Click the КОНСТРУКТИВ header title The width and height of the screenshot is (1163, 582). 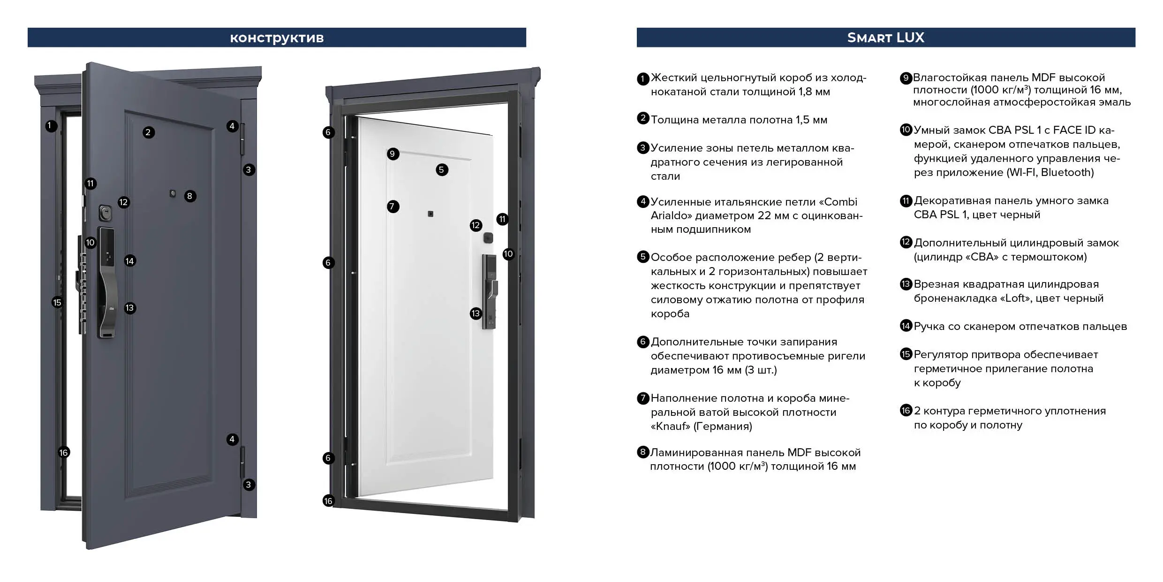[x=277, y=38]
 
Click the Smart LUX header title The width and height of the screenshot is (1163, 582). [x=885, y=38]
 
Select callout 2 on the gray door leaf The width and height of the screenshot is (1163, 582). [x=148, y=132]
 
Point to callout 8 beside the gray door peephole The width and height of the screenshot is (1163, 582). [x=189, y=196]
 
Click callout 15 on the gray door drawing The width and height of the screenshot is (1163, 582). [x=57, y=303]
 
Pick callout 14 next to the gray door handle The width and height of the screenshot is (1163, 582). [x=130, y=261]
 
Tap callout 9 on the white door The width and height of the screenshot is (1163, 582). [x=393, y=154]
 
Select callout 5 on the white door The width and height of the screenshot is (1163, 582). [x=442, y=170]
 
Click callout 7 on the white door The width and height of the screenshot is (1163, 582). [x=393, y=207]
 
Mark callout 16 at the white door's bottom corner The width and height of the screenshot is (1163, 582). [x=328, y=501]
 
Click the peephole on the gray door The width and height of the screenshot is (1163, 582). [x=173, y=193]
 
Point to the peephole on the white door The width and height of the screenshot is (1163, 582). [x=430, y=214]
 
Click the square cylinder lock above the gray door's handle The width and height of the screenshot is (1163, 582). [x=106, y=213]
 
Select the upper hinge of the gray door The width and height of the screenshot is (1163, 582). [x=242, y=139]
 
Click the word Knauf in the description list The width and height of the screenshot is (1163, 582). [x=671, y=426]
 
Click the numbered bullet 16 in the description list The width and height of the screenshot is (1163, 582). [x=906, y=411]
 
